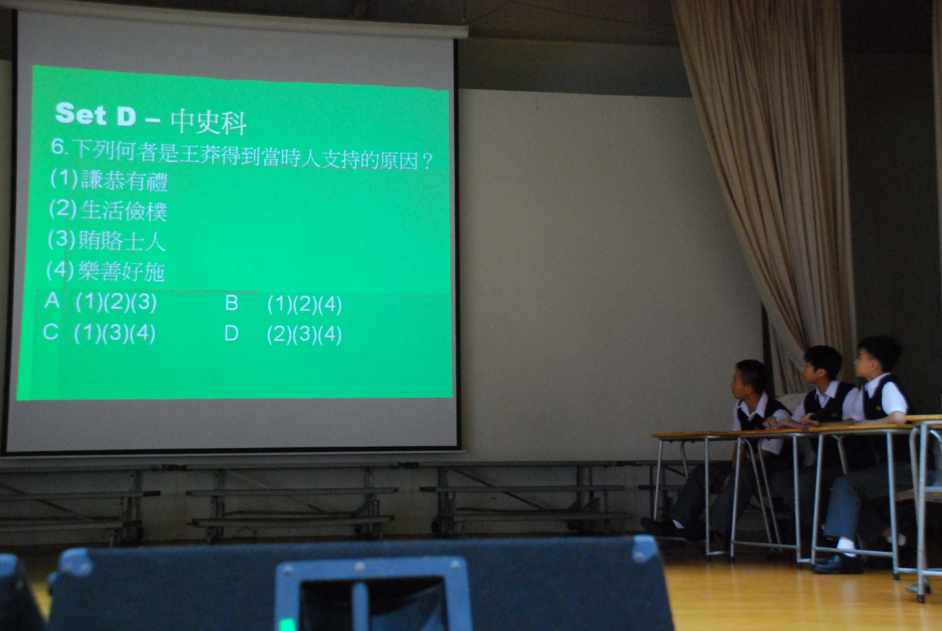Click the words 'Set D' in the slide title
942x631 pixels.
click(96, 114)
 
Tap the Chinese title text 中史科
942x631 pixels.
click(209, 121)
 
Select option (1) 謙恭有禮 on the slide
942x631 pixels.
click(109, 180)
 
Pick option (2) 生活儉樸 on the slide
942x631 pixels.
click(108, 210)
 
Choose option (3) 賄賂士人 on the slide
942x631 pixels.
click(106, 241)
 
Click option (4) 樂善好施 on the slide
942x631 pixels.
click(105, 271)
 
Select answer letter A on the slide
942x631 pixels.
click(52, 301)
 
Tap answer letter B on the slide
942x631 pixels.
click(232, 303)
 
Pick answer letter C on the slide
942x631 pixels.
click(51, 332)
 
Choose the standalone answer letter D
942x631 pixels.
click(232, 334)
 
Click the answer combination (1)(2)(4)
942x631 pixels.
click(305, 305)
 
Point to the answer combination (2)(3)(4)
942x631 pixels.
click(304, 335)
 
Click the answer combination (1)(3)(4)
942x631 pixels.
click(115, 333)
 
